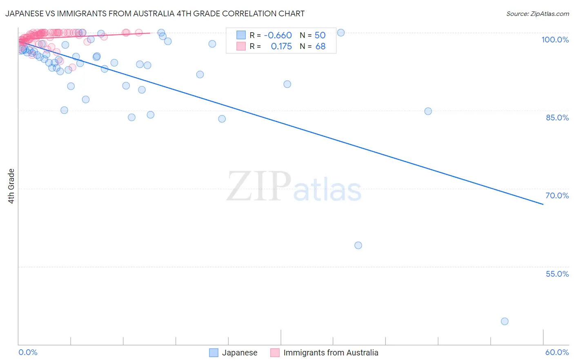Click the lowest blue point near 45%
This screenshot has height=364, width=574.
tap(505, 321)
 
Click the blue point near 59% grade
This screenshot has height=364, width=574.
tap(358, 245)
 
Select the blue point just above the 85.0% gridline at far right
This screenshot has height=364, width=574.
tap(428, 111)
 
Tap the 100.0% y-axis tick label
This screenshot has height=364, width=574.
tap(555, 40)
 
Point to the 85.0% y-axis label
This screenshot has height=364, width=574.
tap(557, 118)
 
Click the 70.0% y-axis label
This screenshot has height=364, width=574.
tap(557, 195)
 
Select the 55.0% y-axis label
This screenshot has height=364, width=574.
tap(557, 274)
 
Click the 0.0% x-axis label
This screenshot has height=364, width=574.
tap(28, 352)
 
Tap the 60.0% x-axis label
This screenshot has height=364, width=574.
tap(557, 352)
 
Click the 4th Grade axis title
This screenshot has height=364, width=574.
tap(11, 186)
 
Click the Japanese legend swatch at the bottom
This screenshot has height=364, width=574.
tap(214, 353)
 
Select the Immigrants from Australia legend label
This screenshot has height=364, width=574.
tap(331, 353)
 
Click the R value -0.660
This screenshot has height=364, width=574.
tap(278, 35)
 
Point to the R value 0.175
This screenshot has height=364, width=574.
tap(281, 47)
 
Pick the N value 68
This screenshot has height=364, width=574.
tap(320, 47)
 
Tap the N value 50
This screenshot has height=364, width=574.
tap(320, 35)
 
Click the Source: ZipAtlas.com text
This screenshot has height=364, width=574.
tap(537, 14)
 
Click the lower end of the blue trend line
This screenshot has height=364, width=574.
tap(543, 204)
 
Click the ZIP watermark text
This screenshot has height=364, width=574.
tap(259, 186)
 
